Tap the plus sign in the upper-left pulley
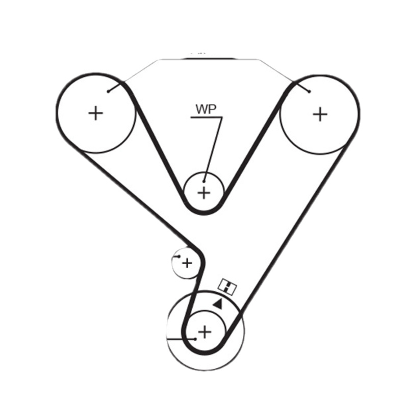tap(95, 113)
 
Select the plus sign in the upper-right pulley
tap(320, 114)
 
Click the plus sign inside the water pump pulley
tap(204, 193)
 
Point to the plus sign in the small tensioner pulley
tap(187, 263)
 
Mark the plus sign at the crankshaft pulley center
tap(204, 332)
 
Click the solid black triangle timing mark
tap(218, 304)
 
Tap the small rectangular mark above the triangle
tap(227, 287)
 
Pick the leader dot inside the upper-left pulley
tap(109, 92)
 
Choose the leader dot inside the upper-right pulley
tap(309, 92)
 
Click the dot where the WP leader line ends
tap(204, 181)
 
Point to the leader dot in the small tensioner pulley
tap(179, 257)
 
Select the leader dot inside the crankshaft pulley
tap(195, 338)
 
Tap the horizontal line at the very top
tap(209, 59)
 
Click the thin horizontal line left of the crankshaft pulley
tap(178, 339)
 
